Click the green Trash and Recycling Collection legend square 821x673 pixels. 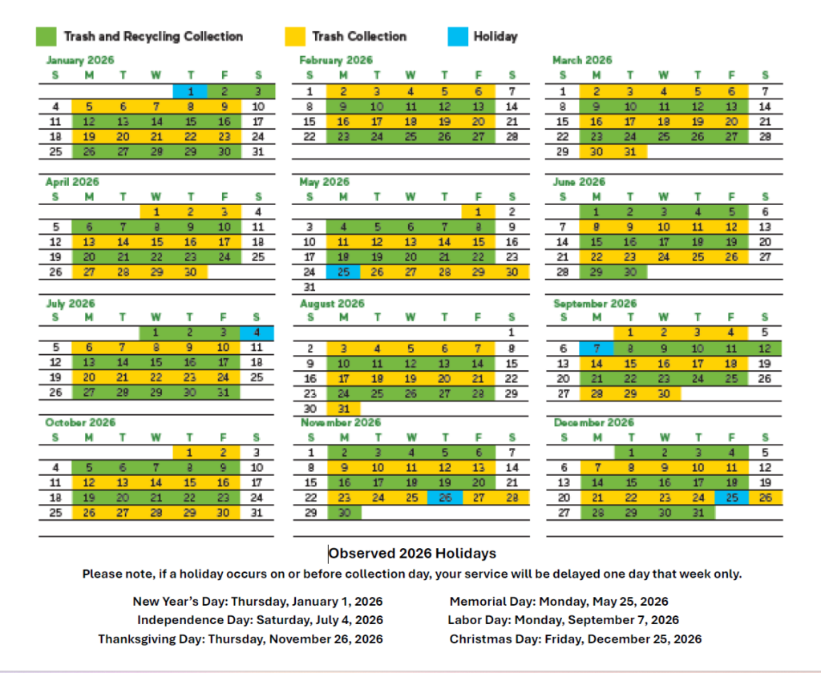[x=46, y=37]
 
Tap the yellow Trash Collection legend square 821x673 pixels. [x=294, y=37]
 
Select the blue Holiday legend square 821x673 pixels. [x=457, y=37]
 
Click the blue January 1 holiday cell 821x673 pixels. [x=190, y=91]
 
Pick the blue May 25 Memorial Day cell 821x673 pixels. [x=343, y=272]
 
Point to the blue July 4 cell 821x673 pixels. [x=257, y=332]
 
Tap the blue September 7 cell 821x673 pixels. [x=597, y=349]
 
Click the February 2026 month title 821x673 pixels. [x=336, y=60]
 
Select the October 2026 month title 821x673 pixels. [x=80, y=423]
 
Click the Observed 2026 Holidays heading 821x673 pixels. [x=413, y=554]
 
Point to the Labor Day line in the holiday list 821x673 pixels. [x=564, y=620]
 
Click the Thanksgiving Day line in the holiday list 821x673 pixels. [x=241, y=639]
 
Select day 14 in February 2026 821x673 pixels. [x=512, y=107]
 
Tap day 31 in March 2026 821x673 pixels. [x=630, y=151]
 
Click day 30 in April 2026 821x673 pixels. [x=190, y=272]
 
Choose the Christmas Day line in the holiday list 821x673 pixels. [x=576, y=639]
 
